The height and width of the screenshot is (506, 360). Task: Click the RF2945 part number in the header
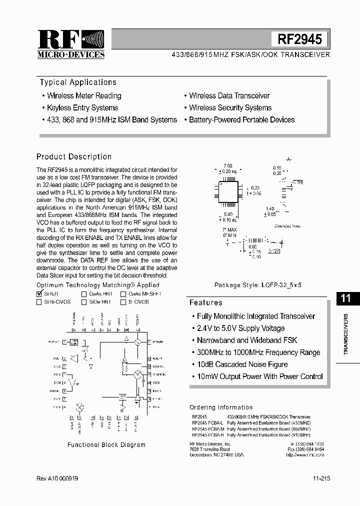coord(299,39)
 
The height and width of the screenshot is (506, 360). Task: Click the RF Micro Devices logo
coord(71,44)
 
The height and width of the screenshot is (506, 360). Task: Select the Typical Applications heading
coord(78,82)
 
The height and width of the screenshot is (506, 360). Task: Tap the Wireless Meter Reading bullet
coord(84,95)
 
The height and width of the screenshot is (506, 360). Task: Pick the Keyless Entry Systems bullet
coord(82,107)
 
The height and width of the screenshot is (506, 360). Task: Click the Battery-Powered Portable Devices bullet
coord(241,120)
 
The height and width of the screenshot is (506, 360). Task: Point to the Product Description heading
coord(74,156)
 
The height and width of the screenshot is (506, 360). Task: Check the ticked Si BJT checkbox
coord(39,294)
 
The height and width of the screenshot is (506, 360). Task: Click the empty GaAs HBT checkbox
coord(84,294)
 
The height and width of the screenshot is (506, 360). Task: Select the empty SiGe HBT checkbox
coord(84,302)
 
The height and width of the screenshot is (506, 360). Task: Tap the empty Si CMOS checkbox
coord(123,302)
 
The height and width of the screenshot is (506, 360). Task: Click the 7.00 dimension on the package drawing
coord(228,165)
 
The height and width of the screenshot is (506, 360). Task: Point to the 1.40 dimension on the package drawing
coord(270,208)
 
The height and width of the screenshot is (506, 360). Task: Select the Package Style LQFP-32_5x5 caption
coord(258,284)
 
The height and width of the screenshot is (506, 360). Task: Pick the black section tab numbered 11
coord(345,298)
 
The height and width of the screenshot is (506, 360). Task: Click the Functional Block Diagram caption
coord(106,444)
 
